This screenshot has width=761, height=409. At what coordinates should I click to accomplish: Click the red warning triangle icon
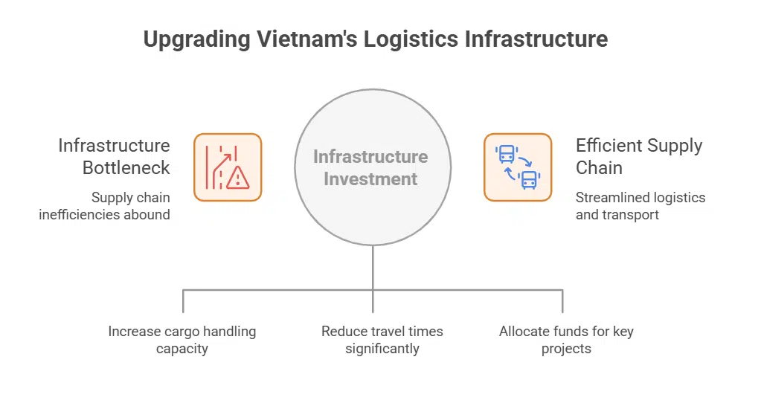click(x=238, y=178)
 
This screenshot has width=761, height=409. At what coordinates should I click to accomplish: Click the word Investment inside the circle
click(x=370, y=179)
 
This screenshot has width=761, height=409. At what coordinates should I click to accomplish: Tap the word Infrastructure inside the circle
click(x=370, y=157)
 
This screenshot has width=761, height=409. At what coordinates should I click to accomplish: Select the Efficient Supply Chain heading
click(x=638, y=156)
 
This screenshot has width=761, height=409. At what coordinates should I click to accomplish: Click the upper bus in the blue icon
click(x=506, y=155)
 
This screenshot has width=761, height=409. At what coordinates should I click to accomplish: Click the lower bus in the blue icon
click(x=530, y=179)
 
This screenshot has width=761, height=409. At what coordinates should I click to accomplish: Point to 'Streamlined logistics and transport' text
click(x=640, y=206)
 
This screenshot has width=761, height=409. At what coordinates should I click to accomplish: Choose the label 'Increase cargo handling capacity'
click(x=182, y=340)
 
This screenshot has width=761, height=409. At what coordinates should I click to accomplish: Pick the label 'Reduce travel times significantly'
click(x=382, y=340)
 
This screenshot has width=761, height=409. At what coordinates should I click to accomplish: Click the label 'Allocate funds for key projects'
click(x=566, y=340)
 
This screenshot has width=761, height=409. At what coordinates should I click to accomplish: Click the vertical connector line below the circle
click(x=373, y=268)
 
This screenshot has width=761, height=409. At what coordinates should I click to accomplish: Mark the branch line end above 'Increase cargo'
click(x=182, y=309)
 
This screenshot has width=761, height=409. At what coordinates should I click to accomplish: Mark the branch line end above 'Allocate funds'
click(x=562, y=309)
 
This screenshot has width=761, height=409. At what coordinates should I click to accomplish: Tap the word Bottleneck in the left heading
click(x=126, y=167)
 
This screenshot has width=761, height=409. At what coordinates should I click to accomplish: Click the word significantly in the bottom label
click(x=382, y=349)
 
